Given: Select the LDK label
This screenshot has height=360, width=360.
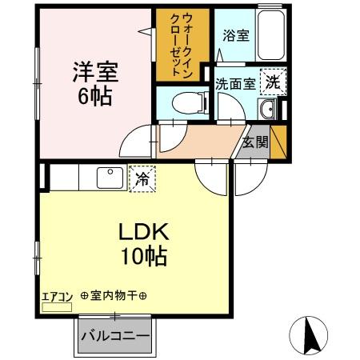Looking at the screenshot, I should tap(143, 232).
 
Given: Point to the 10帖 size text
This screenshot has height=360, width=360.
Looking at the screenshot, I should tap(143, 258).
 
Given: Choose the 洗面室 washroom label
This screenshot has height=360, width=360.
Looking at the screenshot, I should tap(234, 83).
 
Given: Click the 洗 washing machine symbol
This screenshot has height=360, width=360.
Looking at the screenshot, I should tap(274, 81).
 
